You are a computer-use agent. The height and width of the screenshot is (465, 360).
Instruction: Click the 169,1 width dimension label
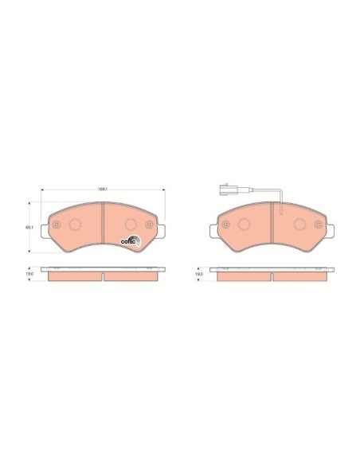(102, 189)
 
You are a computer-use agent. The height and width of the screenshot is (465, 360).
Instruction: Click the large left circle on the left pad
(76, 224)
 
